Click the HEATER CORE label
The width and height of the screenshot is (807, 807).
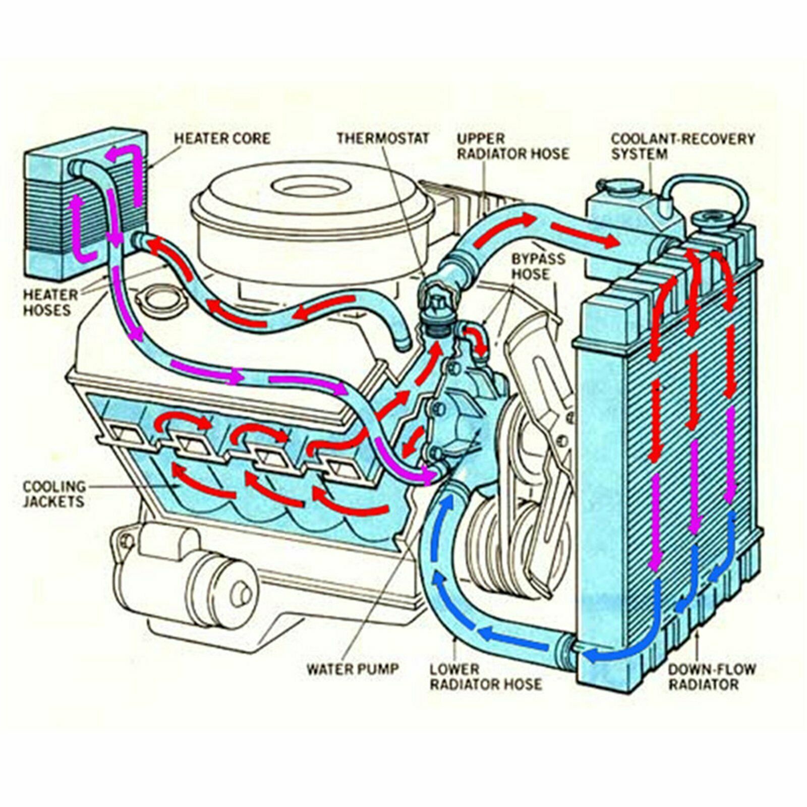point(222,138)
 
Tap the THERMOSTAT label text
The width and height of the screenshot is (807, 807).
point(383,138)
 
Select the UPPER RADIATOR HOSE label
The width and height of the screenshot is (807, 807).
point(512,146)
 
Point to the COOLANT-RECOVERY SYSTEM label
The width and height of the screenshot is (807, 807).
point(683,146)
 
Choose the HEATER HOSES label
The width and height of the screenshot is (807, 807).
point(50,302)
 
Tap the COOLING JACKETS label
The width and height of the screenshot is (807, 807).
point(54,494)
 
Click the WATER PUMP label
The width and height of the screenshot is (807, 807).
point(353,669)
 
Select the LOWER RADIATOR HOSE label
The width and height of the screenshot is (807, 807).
point(486,677)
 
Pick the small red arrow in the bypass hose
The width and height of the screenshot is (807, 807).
point(477,339)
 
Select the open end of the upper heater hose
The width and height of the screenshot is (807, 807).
point(404,345)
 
